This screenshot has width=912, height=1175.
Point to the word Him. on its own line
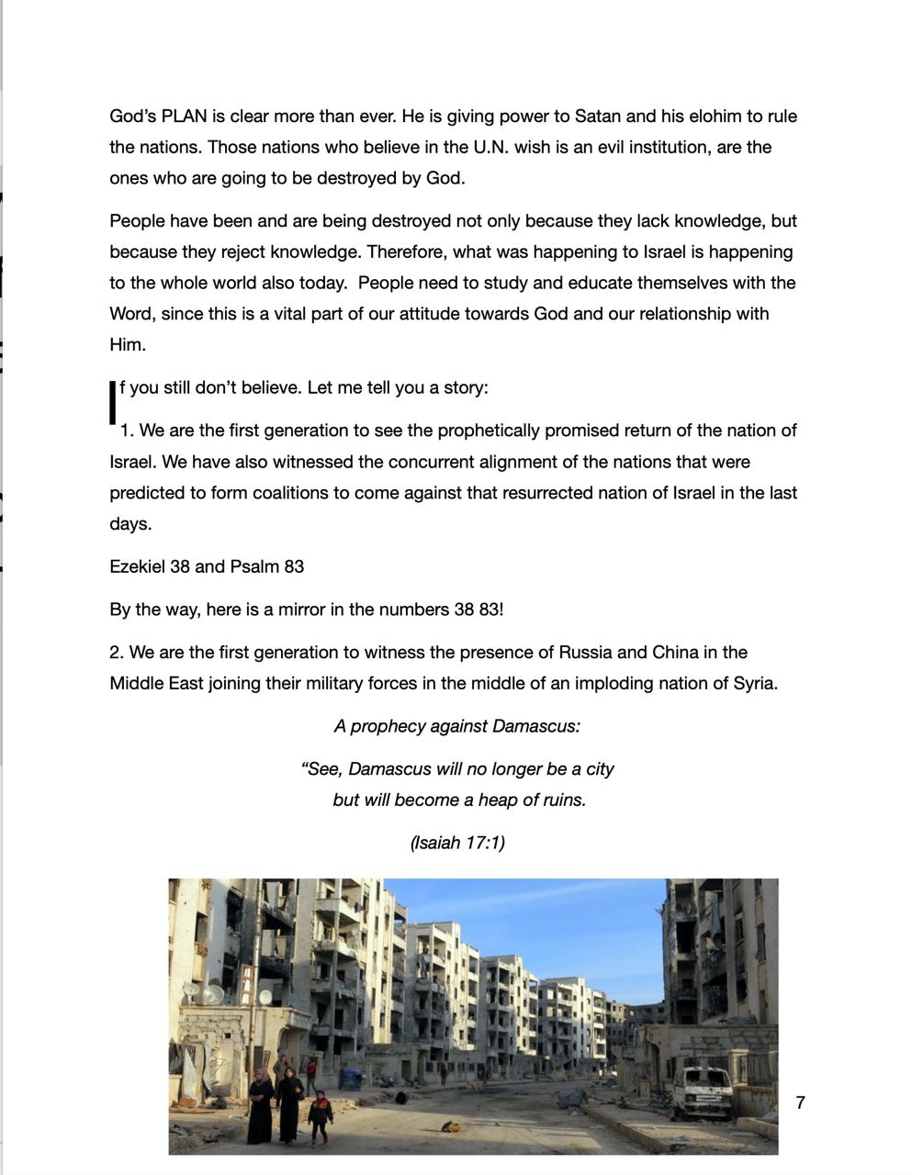(127, 345)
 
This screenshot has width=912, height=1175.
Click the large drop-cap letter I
(114, 402)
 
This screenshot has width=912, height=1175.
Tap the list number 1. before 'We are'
(127, 431)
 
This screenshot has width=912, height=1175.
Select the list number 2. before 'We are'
(117, 653)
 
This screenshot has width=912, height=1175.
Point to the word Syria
(753, 684)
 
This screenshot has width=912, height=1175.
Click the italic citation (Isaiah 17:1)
(457, 843)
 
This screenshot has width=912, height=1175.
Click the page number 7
(800, 1103)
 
